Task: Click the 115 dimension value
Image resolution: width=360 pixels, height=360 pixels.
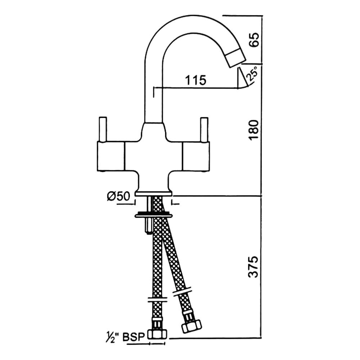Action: (x=196, y=80)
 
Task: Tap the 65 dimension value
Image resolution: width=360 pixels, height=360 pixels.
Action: (x=254, y=39)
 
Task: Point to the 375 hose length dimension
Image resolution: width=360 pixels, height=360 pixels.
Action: (x=254, y=267)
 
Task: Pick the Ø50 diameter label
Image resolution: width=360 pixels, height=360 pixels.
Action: (x=118, y=197)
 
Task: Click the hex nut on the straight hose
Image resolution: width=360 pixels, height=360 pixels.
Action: (x=157, y=334)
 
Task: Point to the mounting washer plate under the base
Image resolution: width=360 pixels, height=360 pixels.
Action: (x=154, y=216)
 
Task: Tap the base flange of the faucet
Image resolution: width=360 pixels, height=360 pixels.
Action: (x=154, y=193)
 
